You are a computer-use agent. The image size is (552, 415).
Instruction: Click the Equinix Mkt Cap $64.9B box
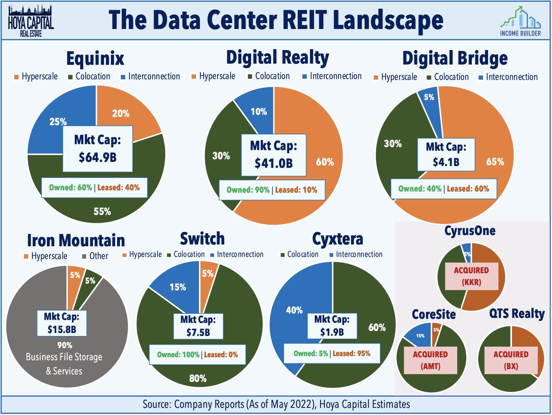point(97,149)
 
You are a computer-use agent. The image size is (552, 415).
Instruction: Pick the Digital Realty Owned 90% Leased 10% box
point(272,190)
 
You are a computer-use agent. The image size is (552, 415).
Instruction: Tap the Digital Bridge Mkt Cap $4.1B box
point(446,155)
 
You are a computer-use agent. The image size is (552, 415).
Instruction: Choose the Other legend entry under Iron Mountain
point(95,256)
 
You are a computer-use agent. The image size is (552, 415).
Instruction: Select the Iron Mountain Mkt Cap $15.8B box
point(62,323)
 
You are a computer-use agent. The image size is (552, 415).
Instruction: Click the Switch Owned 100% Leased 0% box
point(197,354)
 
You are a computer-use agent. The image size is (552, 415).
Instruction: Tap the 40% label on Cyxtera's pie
point(294,310)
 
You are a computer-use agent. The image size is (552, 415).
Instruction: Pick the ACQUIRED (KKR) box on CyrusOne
point(471,276)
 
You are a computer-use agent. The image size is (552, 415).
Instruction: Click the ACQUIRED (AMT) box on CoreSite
point(430,360)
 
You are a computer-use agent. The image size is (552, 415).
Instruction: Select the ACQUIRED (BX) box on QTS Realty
point(511,360)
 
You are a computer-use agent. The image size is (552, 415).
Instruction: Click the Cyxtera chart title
point(337,239)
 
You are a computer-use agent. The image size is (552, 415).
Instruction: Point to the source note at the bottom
point(276,404)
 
